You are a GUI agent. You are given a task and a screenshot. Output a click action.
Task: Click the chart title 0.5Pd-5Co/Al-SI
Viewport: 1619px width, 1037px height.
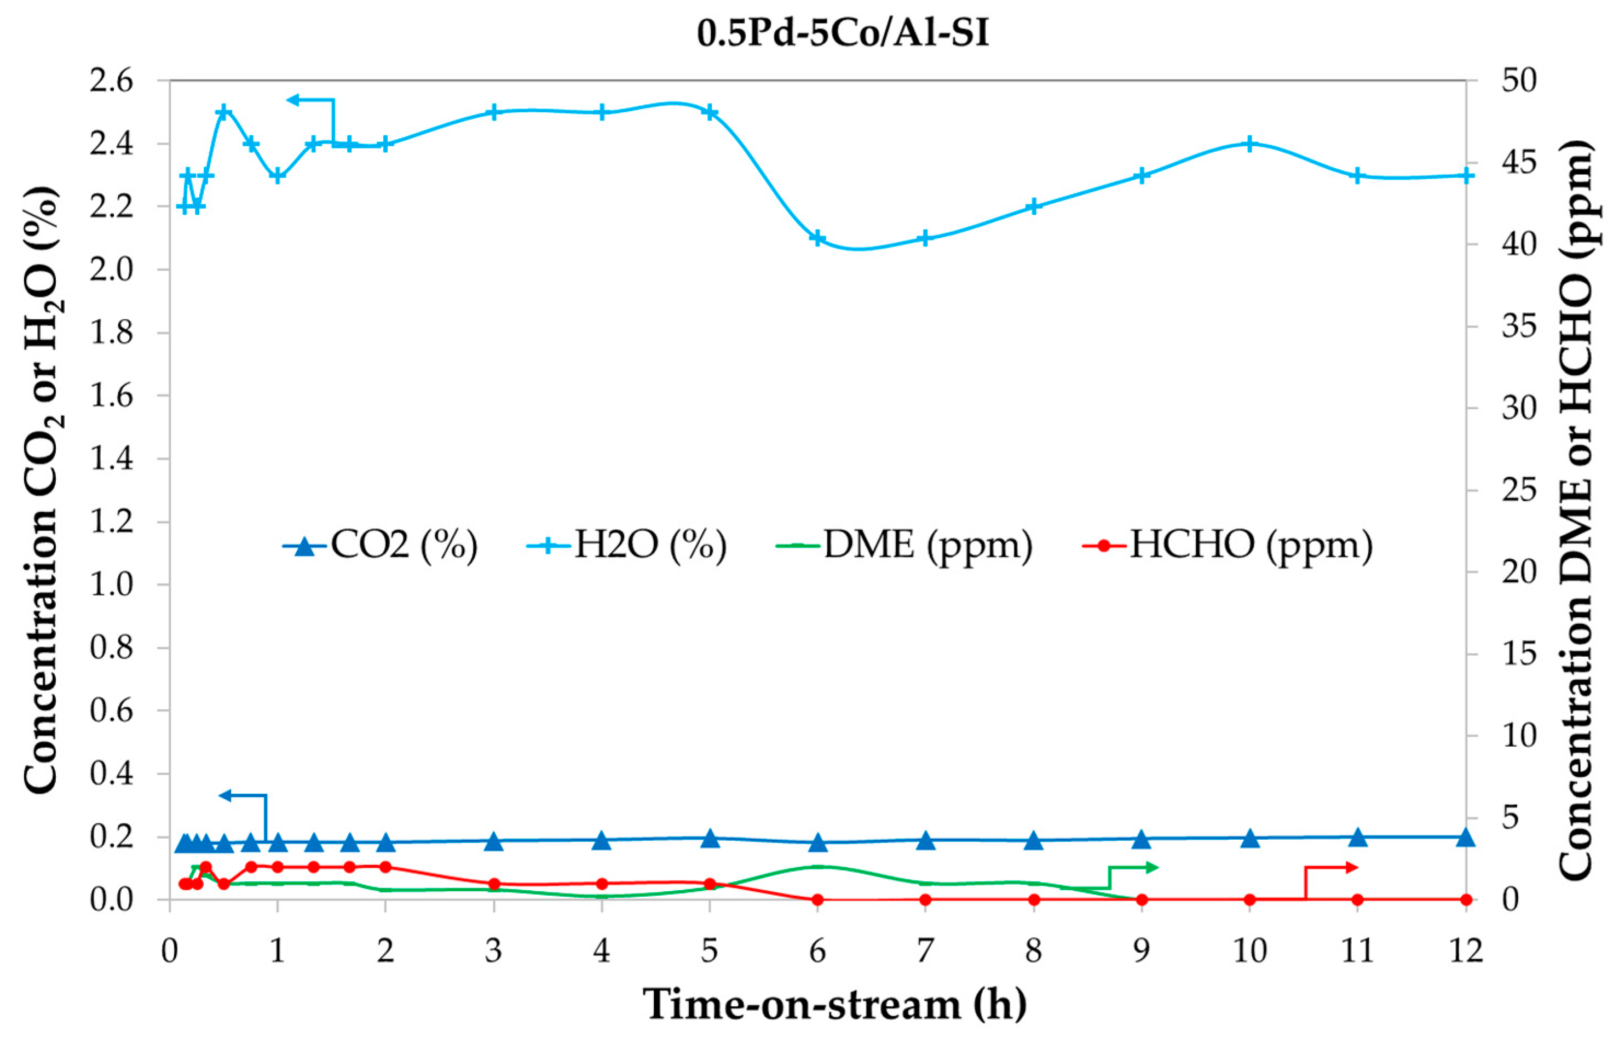(x=843, y=33)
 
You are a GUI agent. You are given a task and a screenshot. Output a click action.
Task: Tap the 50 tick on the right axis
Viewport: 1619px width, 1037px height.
(x=1519, y=81)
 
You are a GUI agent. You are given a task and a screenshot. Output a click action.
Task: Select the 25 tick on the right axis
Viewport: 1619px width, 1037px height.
(x=1519, y=490)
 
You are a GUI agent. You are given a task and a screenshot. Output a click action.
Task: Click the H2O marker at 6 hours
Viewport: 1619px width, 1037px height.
(x=817, y=238)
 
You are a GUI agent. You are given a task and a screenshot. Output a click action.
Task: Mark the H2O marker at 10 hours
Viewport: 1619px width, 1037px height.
(x=1249, y=144)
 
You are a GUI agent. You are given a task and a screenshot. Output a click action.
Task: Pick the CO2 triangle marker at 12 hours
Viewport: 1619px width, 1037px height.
(x=1466, y=838)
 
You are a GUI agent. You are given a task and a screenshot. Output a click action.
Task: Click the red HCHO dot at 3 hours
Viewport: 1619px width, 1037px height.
(x=494, y=884)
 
